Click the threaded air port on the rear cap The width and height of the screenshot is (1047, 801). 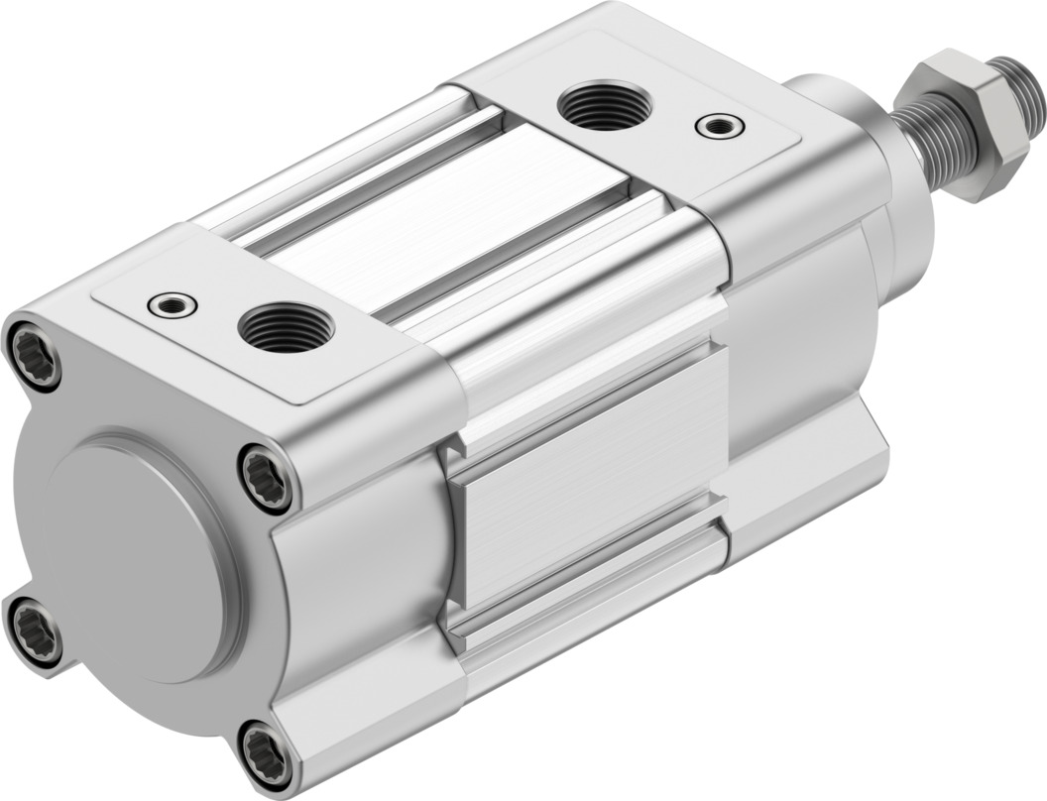[x=287, y=328]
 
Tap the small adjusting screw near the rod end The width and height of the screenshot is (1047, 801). [x=719, y=125]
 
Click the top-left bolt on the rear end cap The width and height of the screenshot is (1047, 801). [x=33, y=351]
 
